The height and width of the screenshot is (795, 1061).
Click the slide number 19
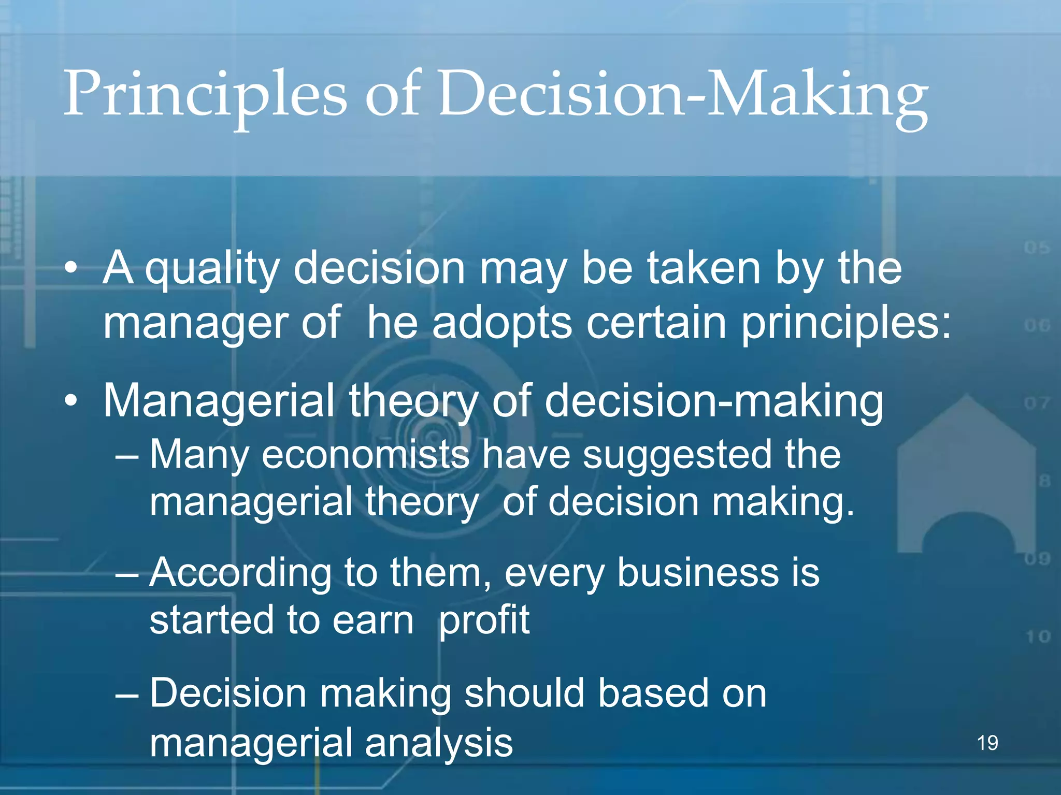[x=987, y=743]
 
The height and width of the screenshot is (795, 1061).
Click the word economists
[x=365, y=454]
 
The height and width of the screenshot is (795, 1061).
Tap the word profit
[x=484, y=620]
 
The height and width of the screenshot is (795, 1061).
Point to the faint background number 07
[x=1036, y=403]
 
